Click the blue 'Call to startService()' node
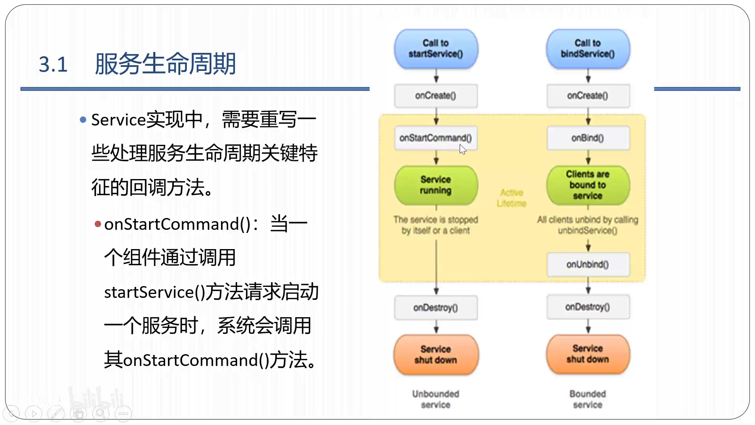coord(436,49)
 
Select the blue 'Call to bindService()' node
coord(587,49)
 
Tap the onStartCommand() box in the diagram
coord(435,138)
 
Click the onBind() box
coord(587,138)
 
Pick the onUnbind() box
coord(587,264)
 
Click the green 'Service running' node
coord(436,185)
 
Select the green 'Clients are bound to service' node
coord(587,185)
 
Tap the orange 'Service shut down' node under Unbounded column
coord(436,355)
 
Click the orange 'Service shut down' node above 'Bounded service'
coord(587,354)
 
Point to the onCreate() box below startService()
coord(435,96)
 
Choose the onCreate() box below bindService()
coord(587,96)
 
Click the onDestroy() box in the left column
coord(435,308)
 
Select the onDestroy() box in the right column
coord(587,307)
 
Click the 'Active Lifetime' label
coord(511,198)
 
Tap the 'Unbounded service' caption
coord(435,399)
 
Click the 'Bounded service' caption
coord(587,399)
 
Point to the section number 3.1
coord(53,65)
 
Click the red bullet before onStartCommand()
coord(98,224)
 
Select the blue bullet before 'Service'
coord(83,120)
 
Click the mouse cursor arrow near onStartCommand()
coord(462,149)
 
